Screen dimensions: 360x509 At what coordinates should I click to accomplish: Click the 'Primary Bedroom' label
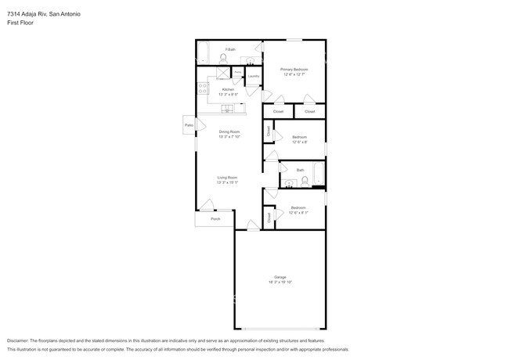(294, 70)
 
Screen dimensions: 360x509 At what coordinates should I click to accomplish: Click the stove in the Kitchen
(202, 88)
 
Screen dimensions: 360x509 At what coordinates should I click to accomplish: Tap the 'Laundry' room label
(253, 76)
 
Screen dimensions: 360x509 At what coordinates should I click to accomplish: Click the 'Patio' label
(189, 125)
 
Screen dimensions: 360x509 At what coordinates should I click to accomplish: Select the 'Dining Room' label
(229, 131)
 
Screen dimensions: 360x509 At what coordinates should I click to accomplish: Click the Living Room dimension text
(227, 182)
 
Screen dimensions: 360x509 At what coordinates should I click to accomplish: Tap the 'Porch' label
(215, 218)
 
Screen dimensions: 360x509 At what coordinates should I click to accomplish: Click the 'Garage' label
(280, 277)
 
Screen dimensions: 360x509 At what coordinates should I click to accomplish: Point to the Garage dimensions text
(280, 283)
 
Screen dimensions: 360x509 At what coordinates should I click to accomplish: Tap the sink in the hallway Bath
(289, 184)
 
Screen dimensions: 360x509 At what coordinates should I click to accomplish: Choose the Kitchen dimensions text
(228, 94)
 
